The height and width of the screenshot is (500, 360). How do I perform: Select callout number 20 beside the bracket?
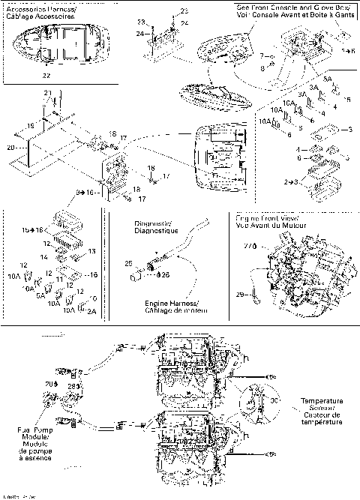pyautogui.click(x=10, y=148)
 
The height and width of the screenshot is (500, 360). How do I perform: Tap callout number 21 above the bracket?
pyautogui.click(x=46, y=91)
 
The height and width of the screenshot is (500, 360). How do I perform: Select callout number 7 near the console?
pyautogui.click(x=262, y=57)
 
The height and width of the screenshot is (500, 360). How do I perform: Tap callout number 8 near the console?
pyautogui.click(x=262, y=67)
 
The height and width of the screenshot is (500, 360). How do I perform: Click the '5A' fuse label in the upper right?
pyautogui.click(x=306, y=78)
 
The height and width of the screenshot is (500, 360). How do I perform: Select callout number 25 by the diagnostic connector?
pyautogui.click(x=127, y=263)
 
